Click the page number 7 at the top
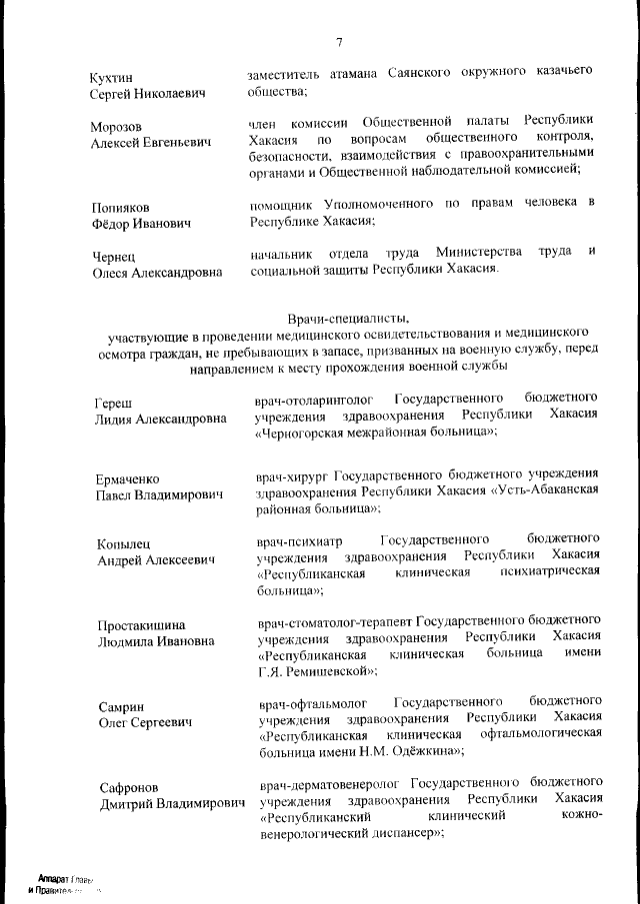coord(339,43)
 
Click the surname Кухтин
coord(111,77)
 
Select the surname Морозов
coord(117,127)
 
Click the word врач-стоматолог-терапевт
coord(333,618)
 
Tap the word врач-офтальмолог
coord(305,699)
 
